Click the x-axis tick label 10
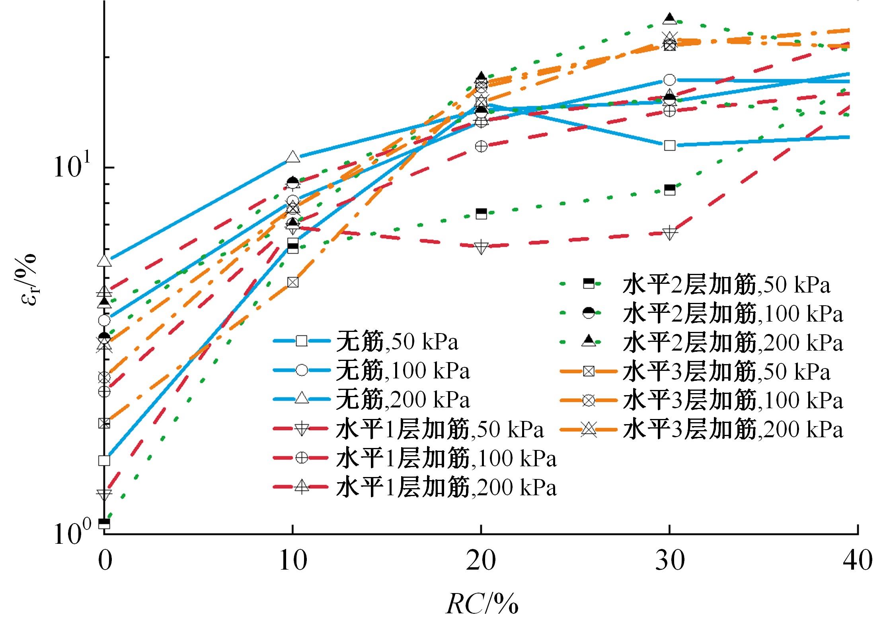[x=293, y=561]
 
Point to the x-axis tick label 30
[x=670, y=561]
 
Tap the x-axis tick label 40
[x=858, y=561]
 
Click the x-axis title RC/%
[x=482, y=605]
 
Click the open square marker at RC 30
[x=670, y=145]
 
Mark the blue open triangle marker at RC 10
[x=293, y=157]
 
